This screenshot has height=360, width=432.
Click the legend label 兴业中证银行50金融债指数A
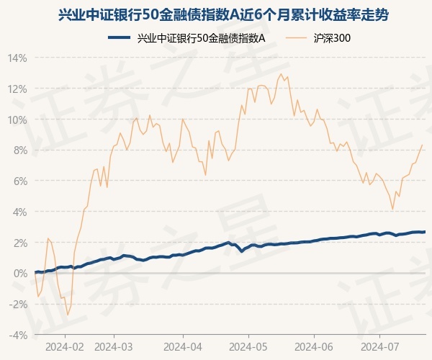(x=201, y=39)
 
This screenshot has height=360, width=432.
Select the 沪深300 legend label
(x=333, y=39)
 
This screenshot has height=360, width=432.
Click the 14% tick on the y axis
(x=18, y=58)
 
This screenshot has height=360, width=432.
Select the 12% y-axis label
(x=18, y=89)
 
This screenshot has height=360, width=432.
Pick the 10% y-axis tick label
(x=18, y=120)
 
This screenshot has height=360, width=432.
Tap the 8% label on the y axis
(x=19, y=150)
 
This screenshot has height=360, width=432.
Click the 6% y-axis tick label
(x=19, y=181)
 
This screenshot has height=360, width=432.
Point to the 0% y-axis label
(x=19, y=274)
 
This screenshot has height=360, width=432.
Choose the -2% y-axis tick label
(x=18, y=305)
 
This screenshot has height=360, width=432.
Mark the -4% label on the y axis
(x=18, y=336)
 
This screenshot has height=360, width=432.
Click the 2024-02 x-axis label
(x=64, y=346)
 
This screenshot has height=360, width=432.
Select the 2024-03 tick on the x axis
(x=114, y=346)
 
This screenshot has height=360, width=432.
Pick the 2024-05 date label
(x=248, y=346)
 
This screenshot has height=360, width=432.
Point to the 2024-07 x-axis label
(x=380, y=346)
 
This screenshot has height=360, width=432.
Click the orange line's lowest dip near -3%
(x=68, y=315)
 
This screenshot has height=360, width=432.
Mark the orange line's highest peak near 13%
(x=281, y=73)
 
